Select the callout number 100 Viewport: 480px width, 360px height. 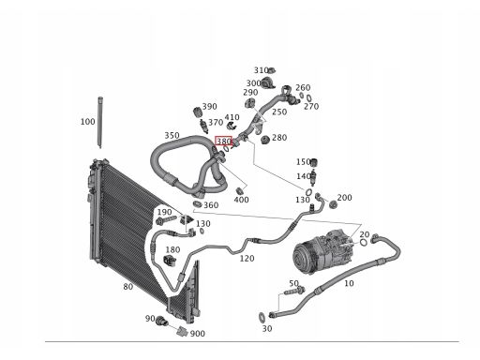click(87, 121)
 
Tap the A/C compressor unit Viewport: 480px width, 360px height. click(322, 255)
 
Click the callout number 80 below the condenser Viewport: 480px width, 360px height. click(127, 287)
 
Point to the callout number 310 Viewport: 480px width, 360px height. click(262, 70)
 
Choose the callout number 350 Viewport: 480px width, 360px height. click(172, 135)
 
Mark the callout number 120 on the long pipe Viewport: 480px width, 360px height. click(247, 258)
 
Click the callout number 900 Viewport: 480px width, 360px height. click(198, 333)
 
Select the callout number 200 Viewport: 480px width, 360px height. click(345, 198)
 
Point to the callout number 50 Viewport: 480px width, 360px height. click(293, 283)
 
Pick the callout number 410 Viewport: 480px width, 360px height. click(232, 117)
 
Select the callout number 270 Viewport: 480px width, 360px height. click(311, 106)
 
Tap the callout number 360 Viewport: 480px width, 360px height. click(211, 205)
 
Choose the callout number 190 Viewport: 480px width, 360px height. click(164, 212)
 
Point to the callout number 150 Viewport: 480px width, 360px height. click(304, 161)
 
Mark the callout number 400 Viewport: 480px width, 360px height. click(241, 199)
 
